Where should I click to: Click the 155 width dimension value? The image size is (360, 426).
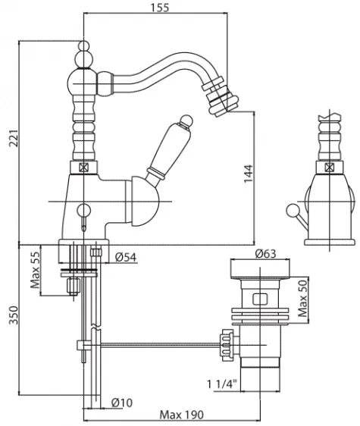(x=160, y=8)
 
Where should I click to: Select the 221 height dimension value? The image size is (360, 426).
(x=14, y=138)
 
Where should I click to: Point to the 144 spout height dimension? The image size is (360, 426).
(x=248, y=174)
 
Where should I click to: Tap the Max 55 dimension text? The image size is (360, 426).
(x=35, y=270)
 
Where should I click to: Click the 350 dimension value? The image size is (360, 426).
(x=14, y=315)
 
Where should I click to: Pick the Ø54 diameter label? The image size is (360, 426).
(x=126, y=257)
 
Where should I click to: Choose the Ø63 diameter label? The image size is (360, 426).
(x=265, y=253)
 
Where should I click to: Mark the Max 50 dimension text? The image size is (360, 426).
(x=302, y=299)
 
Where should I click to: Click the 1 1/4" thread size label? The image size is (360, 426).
(x=222, y=384)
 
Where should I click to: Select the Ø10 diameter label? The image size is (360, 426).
(x=122, y=403)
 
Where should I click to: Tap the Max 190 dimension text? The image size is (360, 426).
(x=181, y=415)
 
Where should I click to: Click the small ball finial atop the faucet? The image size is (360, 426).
(x=83, y=45)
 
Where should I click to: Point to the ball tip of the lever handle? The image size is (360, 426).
(x=187, y=120)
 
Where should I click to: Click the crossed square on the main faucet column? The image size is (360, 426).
(x=84, y=168)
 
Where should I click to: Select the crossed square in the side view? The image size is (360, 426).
(x=329, y=167)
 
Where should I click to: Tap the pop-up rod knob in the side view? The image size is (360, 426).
(x=293, y=211)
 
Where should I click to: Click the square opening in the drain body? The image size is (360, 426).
(x=260, y=299)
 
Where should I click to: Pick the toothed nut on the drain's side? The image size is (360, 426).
(x=227, y=345)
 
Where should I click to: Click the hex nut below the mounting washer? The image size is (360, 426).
(x=74, y=286)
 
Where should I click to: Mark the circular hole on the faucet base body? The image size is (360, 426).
(x=83, y=210)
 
